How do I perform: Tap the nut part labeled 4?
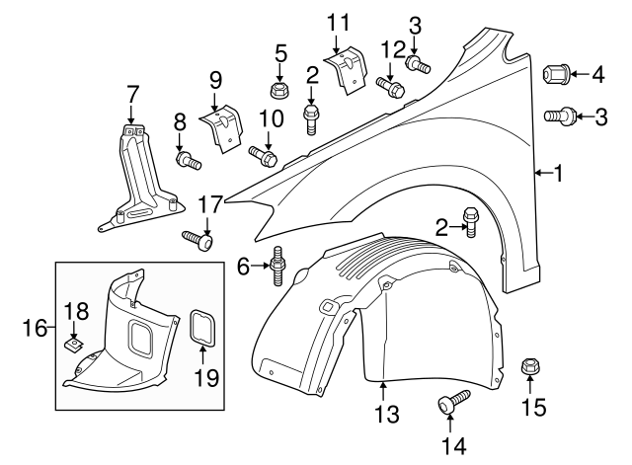click(554, 72)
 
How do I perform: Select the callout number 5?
click(279, 51)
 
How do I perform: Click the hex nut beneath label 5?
click(279, 91)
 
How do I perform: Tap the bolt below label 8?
click(187, 159)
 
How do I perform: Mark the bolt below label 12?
click(389, 87)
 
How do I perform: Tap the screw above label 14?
click(452, 402)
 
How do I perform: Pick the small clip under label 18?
click(73, 344)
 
